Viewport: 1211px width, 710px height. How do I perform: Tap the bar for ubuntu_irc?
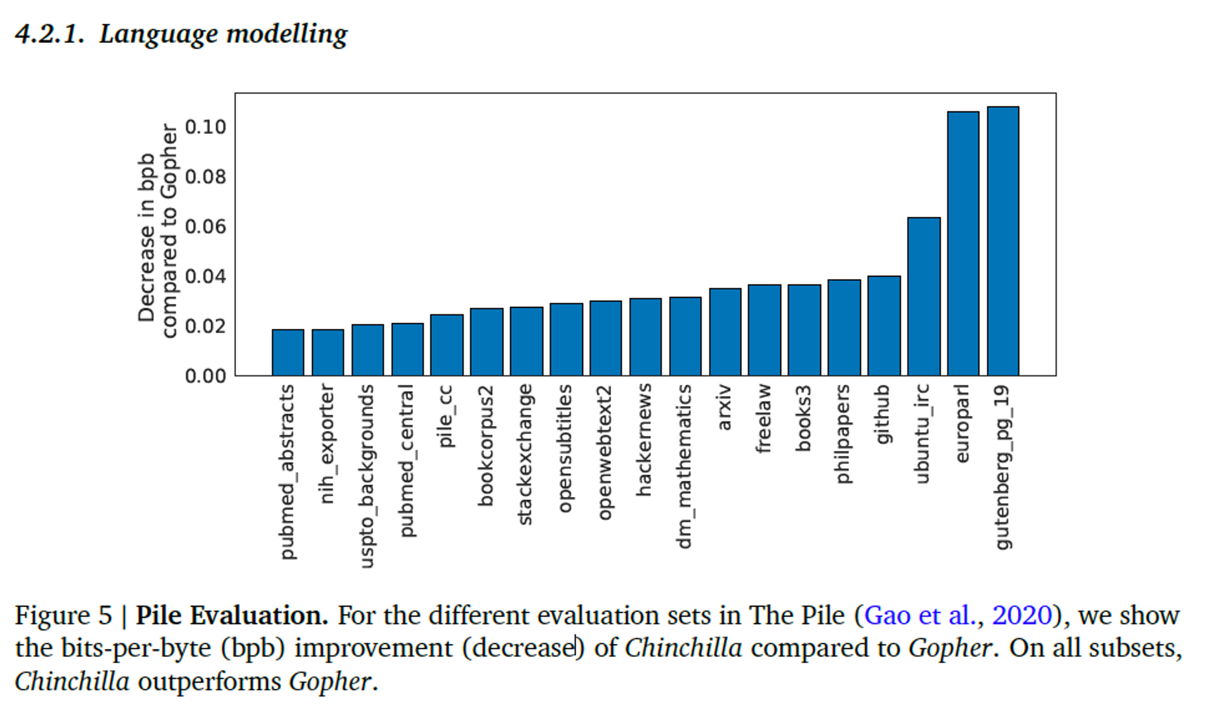click(x=923, y=297)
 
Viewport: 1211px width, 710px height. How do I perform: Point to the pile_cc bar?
click(x=446, y=345)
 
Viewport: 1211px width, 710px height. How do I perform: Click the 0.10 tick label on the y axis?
click(x=205, y=127)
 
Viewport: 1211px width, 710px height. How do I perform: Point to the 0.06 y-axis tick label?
click(x=205, y=227)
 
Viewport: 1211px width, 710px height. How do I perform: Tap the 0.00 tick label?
click(x=205, y=376)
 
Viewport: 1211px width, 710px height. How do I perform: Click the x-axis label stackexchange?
click(x=525, y=454)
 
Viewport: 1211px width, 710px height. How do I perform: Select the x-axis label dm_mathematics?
click(x=684, y=466)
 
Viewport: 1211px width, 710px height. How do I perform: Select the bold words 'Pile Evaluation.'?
click(x=231, y=616)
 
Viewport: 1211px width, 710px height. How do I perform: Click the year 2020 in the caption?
click(x=1021, y=616)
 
